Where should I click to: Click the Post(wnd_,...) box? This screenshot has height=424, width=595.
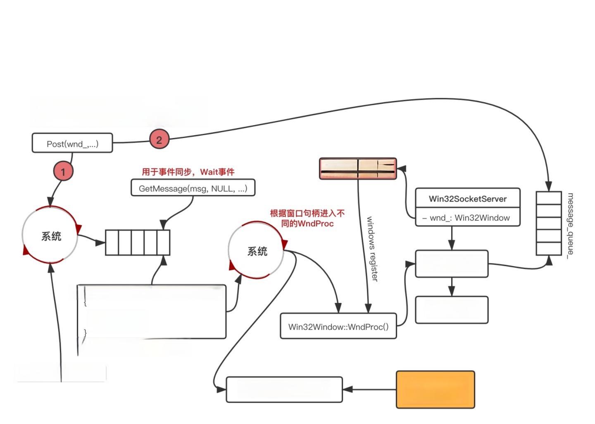(x=72, y=143)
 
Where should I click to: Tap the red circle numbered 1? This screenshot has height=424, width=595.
(x=63, y=171)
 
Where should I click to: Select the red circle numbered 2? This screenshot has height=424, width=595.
(x=159, y=139)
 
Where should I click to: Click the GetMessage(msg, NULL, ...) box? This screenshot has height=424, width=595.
(x=193, y=188)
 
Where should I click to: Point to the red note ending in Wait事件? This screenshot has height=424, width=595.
(x=188, y=172)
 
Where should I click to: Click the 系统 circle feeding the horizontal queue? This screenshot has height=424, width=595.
(x=50, y=236)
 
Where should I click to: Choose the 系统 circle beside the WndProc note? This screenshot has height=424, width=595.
(x=257, y=251)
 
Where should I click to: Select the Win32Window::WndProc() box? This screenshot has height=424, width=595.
(x=338, y=326)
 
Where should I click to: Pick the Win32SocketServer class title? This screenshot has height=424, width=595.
(x=467, y=198)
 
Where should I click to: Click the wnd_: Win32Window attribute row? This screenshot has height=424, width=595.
(x=467, y=218)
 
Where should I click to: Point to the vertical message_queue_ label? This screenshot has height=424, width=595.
(x=570, y=225)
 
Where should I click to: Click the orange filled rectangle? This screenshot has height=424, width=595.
(x=435, y=389)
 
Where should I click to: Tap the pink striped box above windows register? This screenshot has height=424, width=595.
(x=358, y=168)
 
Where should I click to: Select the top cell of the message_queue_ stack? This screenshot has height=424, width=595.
(x=548, y=198)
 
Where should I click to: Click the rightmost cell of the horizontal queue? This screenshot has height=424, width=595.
(x=164, y=243)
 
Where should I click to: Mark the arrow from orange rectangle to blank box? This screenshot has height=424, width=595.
(x=369, y=389)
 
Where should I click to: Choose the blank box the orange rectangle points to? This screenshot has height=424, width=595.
(x=284, y=389)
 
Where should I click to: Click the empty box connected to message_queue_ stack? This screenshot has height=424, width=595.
(x=451, y=264)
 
